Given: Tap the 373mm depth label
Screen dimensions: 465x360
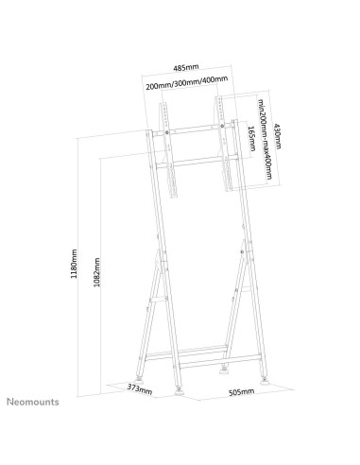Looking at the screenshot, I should (x=141, y=388).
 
